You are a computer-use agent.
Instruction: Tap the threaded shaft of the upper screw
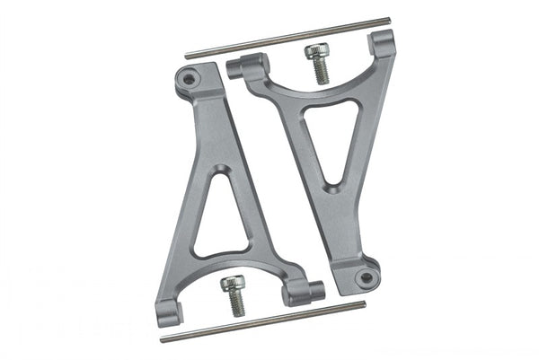[320, 73]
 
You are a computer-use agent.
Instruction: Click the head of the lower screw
[230, 285]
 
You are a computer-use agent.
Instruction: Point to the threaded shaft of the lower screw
[236, 305]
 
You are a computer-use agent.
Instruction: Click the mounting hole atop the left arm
[188, 80]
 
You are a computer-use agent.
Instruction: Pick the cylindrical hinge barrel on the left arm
[304, 291]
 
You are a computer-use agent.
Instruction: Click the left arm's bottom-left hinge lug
[171, 312]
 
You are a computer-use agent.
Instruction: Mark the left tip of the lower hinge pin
[163, 340]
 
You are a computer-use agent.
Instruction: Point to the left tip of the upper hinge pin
[187, 57]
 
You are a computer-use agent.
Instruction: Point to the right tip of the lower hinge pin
[364, 303]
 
